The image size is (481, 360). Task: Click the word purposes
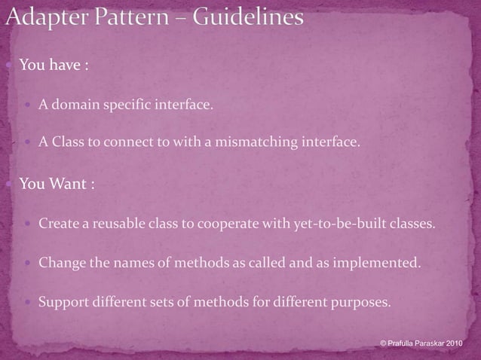(360, 304)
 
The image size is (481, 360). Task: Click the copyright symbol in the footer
(384, 343)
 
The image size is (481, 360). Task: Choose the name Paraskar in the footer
(429, 343)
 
